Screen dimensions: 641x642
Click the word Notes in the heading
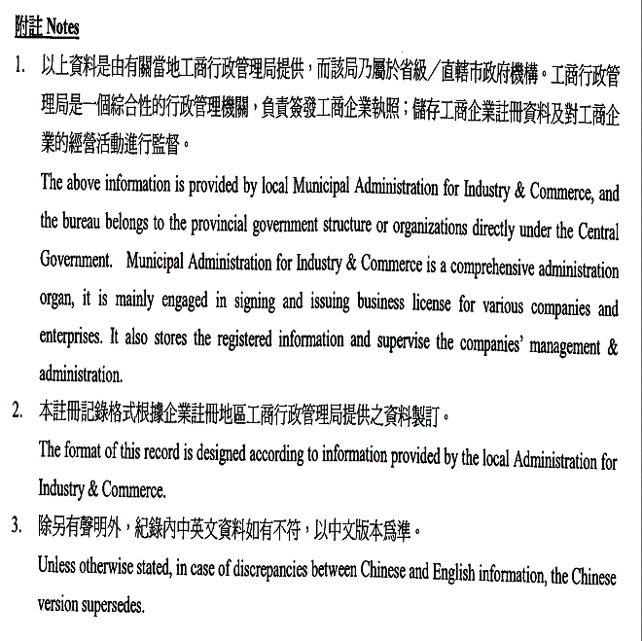pyautogui.click(x=62, y=27)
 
